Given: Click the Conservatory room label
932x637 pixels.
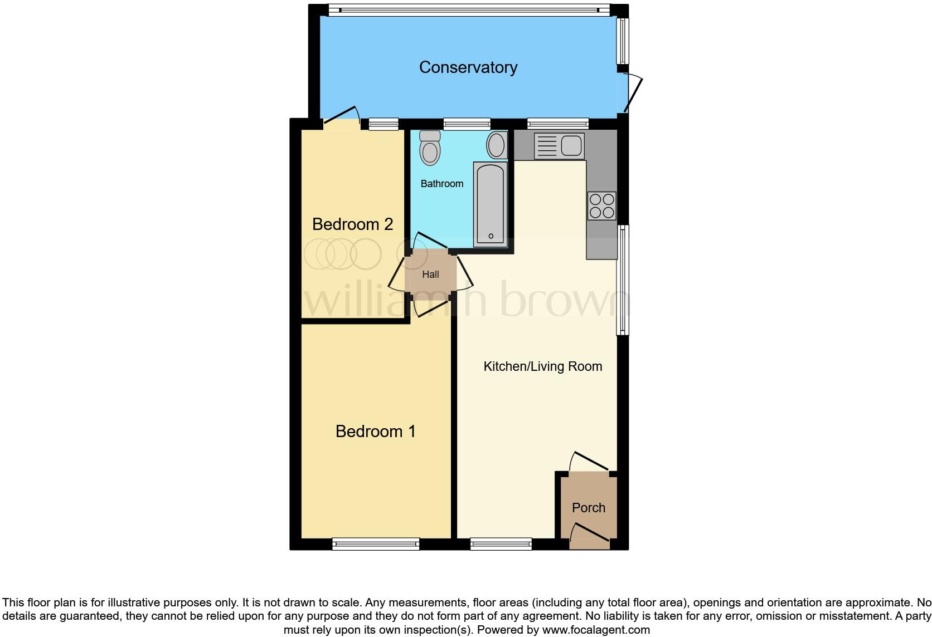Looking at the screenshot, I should click(x=468, y=67).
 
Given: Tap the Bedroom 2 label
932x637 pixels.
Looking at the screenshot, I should click(x=352, y=224).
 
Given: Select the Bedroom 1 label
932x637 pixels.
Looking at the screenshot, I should click(x=375, y=431).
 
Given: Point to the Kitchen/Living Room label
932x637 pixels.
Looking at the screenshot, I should click(x=542, y=366).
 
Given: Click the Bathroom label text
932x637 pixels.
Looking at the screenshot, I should click(x=441, y=184).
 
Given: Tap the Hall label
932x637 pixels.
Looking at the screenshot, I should click(x=430, y=275).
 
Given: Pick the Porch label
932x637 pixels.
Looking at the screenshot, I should click(x=588, y=508).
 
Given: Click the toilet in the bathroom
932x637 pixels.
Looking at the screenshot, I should click(x=430, y=148).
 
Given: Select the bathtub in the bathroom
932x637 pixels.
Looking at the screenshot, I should click(x=490, y=204).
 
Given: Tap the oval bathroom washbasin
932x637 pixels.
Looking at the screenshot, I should click(x=496, y=145).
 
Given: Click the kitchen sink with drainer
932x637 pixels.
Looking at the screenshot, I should click(x=559, y=146).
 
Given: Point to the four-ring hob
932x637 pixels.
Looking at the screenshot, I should click(x=601, y=205).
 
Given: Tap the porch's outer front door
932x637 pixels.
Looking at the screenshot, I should click(x=589, y=532).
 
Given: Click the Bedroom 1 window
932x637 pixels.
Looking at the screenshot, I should click(x=376, y=544).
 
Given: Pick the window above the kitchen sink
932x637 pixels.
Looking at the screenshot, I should click(x=557, y=124).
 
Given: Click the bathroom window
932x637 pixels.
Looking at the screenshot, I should click(x=467, y=124).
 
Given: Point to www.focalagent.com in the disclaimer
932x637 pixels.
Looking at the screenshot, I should click(x=596, y=630).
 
